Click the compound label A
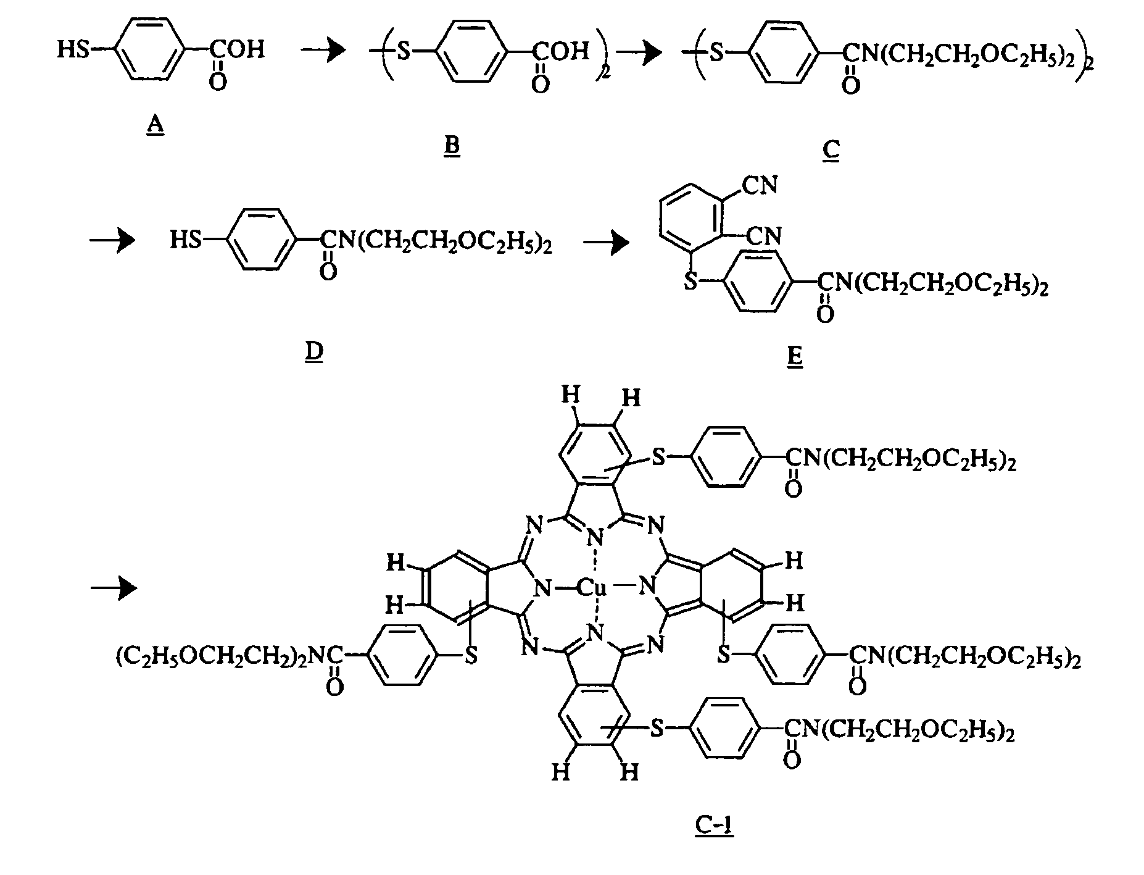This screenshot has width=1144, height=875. (x=155, y=126)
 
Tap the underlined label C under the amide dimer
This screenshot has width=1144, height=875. (x=831, y=150)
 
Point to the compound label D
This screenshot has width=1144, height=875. (x=314, y=352)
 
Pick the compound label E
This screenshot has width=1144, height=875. (x=795, y=356)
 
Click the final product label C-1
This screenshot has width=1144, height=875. (x=715, y=825)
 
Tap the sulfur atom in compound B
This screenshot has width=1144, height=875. (x=403, y=51)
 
